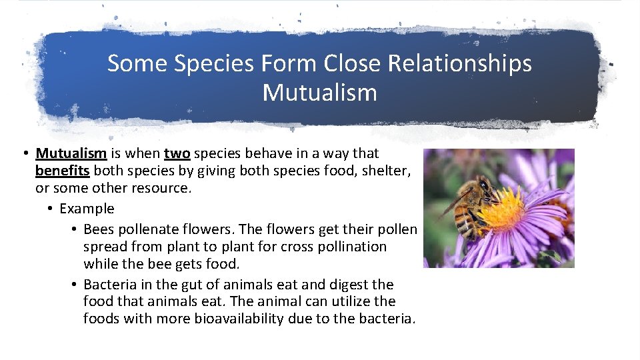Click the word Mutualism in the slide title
(319, 93)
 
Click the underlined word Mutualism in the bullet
(71, 154)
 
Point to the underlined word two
(177, 154)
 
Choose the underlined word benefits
(62, 171)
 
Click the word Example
(87, 209)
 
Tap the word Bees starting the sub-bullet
(98, 229)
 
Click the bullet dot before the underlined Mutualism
(24, 154)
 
